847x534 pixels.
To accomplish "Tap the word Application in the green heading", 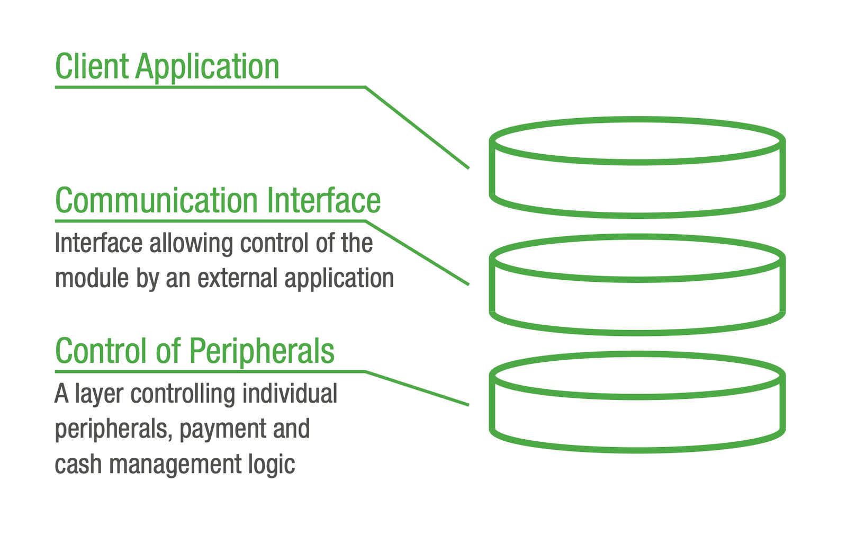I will click(x=207, y=68).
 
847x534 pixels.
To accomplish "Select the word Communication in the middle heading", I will click(x=156, y=200).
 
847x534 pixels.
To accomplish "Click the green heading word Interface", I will click(x=323, y=200).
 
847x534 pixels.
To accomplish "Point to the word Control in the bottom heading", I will click(x=102, y=351).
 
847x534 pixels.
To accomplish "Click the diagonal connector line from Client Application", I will click(x=417, y=128).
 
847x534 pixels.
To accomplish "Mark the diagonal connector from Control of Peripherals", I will click(x=417, y=388).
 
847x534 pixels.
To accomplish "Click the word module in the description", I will click(x=92, y=278).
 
